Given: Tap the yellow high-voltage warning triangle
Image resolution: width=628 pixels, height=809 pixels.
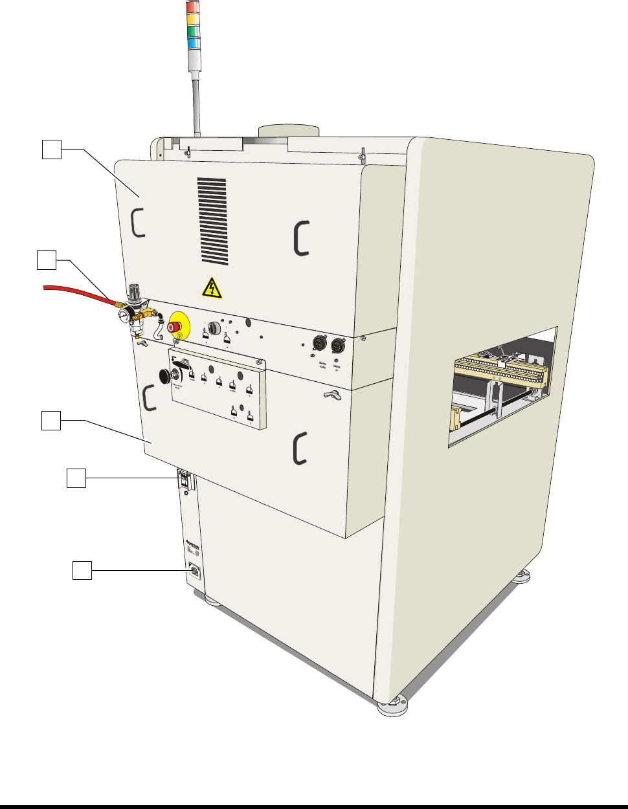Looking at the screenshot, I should [212, 287].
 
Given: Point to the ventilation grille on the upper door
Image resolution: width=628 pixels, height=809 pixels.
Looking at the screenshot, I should [212, 221].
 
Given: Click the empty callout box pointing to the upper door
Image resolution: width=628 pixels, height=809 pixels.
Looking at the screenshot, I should [52, 150].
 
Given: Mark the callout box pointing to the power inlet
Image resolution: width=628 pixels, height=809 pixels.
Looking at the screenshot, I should [81, 570].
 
